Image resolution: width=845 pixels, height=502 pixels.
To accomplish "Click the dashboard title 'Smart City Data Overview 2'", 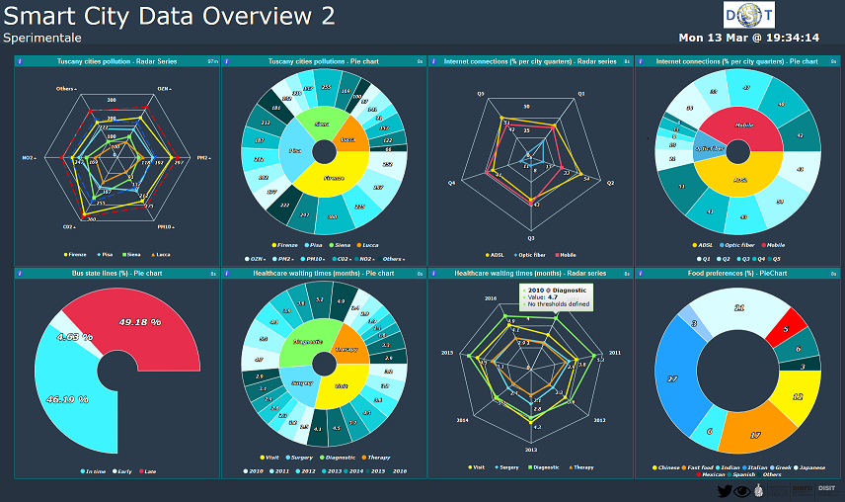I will point(169,16).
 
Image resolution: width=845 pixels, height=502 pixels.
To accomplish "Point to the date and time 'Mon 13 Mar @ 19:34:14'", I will point(748,38).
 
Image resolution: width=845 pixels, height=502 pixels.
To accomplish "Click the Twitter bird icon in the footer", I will point(726,491).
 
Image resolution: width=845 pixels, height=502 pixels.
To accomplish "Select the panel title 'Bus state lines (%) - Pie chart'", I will point(116,273).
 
